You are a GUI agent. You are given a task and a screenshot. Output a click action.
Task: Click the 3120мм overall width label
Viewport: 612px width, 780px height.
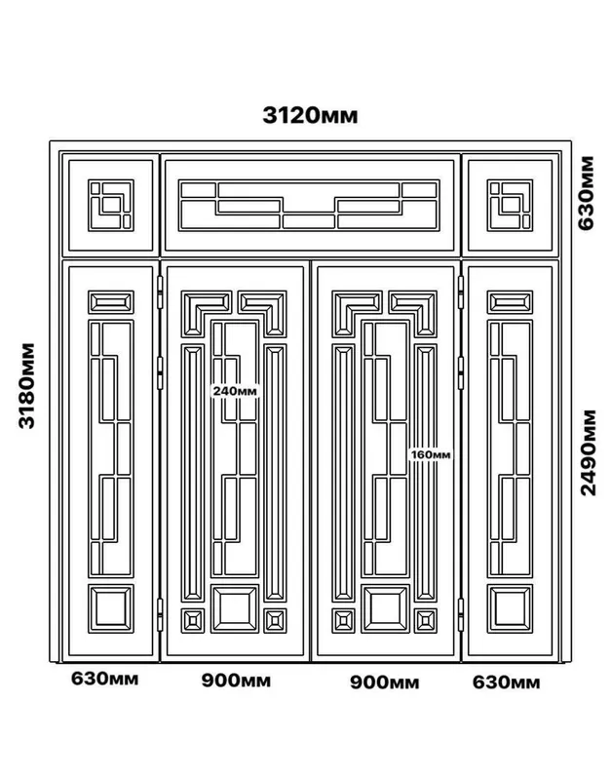click(x=310, y=115)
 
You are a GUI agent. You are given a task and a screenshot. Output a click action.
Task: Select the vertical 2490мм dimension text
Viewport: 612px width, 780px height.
click(x=588, y=452)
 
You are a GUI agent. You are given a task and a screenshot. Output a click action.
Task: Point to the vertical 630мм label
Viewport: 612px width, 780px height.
click(x=586, y=193)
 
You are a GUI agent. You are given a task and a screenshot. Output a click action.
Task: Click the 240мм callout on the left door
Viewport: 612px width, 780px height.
click(x=235, y=391)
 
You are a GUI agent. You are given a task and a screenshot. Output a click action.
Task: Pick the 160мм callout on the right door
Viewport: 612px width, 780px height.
click(x=431, y=454)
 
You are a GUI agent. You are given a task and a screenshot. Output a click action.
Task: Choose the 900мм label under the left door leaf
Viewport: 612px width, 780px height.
click(x=236, y=681)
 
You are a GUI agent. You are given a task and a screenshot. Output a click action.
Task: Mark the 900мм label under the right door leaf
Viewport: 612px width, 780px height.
click(x=384, y=682)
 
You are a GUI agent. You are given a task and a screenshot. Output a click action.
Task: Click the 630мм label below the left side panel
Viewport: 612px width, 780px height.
click(x=104, y=679)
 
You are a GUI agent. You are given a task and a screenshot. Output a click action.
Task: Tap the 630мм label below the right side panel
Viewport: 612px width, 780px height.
click(x=506, y=682)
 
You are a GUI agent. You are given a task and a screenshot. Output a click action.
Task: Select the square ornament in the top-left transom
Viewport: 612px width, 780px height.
click(x=111, y=206)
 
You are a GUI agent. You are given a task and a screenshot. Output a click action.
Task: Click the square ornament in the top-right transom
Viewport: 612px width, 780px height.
click(x=510, y=206)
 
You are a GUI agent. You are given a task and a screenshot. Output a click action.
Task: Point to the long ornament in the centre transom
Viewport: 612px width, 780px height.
click(x=309, y=206)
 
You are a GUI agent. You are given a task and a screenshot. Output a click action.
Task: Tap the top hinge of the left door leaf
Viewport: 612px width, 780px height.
click(x=160, y=292)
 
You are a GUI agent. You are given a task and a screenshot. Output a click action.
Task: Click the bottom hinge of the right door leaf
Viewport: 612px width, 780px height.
click(x=461, y=615)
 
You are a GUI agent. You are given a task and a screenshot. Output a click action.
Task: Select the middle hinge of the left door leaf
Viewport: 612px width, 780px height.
click(x=160, y=373)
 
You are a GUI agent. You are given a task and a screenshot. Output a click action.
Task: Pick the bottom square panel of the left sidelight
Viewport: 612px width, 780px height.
click(x=111, y=608)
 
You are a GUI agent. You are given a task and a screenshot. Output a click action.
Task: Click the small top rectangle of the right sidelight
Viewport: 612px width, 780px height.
click(x=510, y=302)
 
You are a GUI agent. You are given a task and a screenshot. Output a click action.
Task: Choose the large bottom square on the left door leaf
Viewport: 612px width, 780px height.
click(x=235, y=608)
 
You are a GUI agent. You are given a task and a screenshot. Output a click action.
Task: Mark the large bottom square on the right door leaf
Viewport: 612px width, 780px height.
click(x=386, y=608)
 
